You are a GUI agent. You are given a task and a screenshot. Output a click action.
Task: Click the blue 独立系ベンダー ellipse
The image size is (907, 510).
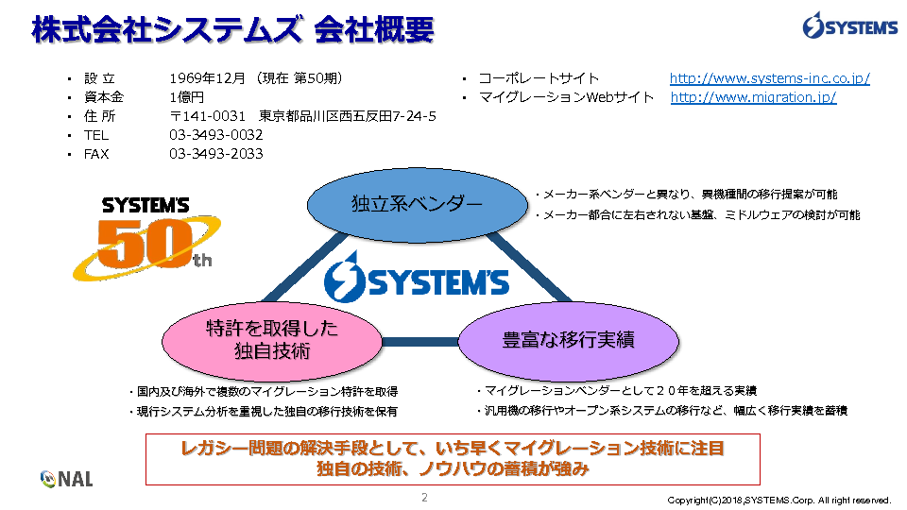point(417,204)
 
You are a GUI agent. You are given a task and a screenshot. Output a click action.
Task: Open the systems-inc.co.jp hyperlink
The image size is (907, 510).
point(769,78)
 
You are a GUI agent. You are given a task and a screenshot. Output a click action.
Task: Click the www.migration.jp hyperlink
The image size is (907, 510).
point(753,97)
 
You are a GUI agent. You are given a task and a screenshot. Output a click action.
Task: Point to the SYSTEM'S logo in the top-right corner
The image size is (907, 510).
point(850,27)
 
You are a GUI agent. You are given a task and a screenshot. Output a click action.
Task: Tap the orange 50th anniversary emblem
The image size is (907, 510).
point(151,241)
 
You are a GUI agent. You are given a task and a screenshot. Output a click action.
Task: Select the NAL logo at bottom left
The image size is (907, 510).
point(67,479)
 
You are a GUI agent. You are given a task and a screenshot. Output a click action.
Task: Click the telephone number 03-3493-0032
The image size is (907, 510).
point(216,135)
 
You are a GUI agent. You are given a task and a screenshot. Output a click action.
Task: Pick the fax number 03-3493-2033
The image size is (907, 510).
point(216,154)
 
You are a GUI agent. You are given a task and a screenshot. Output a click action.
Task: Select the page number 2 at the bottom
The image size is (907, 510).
point(425,497)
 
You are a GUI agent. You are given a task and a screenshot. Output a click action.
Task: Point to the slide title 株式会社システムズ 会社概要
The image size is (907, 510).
point(232,30)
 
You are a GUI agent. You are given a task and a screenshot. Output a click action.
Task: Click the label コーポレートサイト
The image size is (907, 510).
point(539,78)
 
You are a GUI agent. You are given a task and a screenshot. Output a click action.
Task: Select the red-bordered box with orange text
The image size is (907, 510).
point(453,458)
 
